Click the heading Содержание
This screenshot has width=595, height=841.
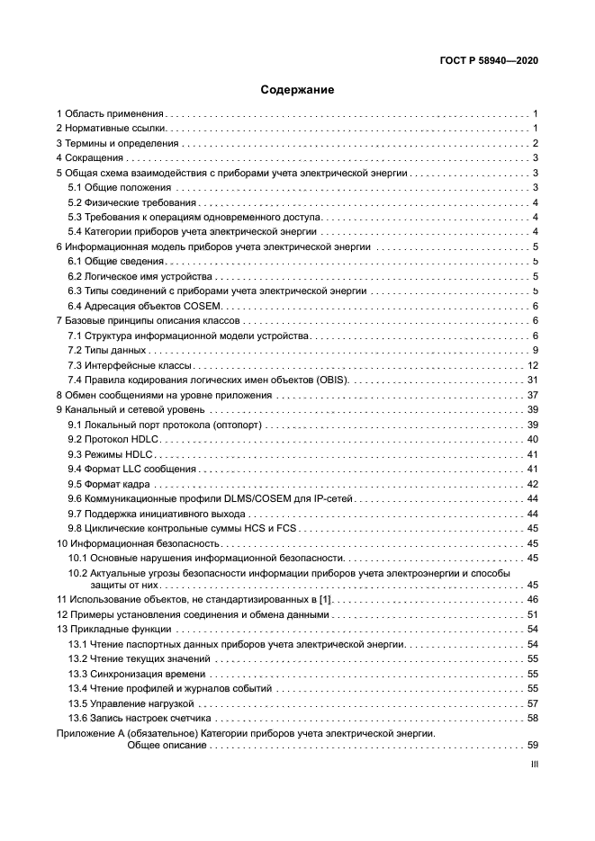(x=297, y=90)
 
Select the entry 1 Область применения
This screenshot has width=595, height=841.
(x=110, y=114)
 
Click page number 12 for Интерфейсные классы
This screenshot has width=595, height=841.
(x=532, y=365)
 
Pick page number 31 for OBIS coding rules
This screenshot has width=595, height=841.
(x=532, y=380)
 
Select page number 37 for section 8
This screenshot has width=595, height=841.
(x=532, y=395)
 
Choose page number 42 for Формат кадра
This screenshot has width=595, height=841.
(x=532, y=484)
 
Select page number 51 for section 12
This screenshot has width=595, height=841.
(x=532, y=614)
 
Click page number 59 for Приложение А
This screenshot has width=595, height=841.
(x=532, y=745)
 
